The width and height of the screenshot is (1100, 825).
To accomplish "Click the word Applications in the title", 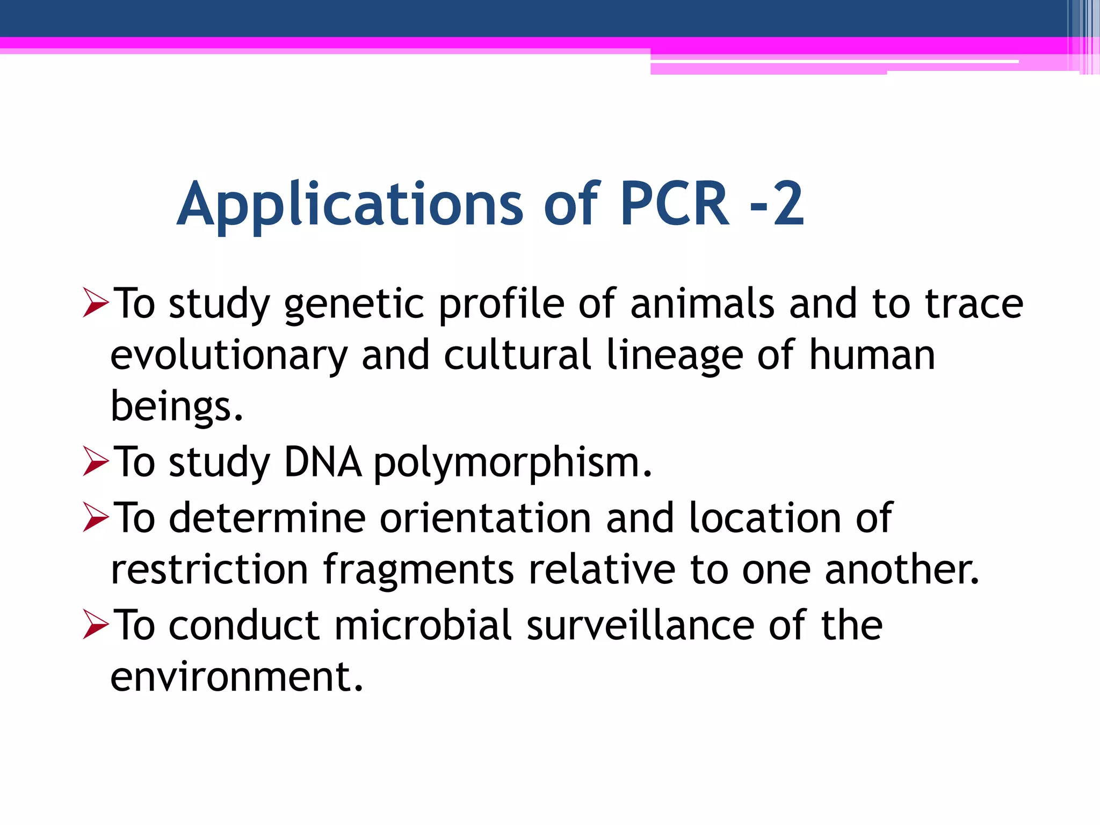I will pos(349,204).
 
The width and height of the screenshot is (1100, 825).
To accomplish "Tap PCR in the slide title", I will pos(675,204).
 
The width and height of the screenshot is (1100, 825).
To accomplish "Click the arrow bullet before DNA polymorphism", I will pos(96,461).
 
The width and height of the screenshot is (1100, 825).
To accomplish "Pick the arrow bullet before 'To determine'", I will pos(96,517).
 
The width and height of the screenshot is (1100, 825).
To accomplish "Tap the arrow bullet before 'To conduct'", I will pos(96,625).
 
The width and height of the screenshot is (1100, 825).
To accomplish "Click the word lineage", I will pos(674,356).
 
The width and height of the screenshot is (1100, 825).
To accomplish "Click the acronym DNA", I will pos(322,462).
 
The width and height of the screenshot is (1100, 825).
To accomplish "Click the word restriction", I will pos(209,569).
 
